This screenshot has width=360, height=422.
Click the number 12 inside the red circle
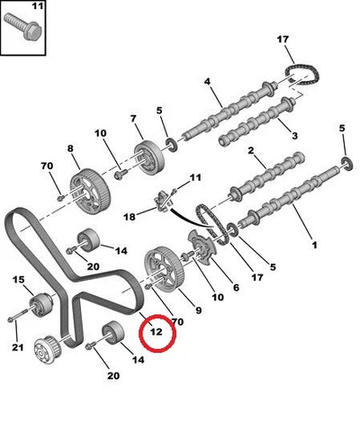click(157, 332)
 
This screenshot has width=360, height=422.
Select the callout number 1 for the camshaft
click(314, 245)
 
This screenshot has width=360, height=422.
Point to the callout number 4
click(207, 81)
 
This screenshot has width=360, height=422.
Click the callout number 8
click(70, 148)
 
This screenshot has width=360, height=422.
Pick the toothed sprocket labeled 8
click(90, 191)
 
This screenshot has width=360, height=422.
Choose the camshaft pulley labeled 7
click(149, 159)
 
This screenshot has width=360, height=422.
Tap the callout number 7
click(133, 119)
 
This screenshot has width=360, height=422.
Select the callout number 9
click(198, 310)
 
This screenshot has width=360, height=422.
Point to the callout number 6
click(236, 288)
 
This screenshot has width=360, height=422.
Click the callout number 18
click(130, 216)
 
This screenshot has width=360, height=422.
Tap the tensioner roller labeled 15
click(42, 304)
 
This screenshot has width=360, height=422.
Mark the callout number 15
click(18, 280)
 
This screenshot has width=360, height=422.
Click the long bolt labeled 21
click(19, 316)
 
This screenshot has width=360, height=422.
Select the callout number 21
click(18, 347)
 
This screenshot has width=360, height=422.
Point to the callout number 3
click(295, 136)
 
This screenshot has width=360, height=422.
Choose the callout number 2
click(251, 150)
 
